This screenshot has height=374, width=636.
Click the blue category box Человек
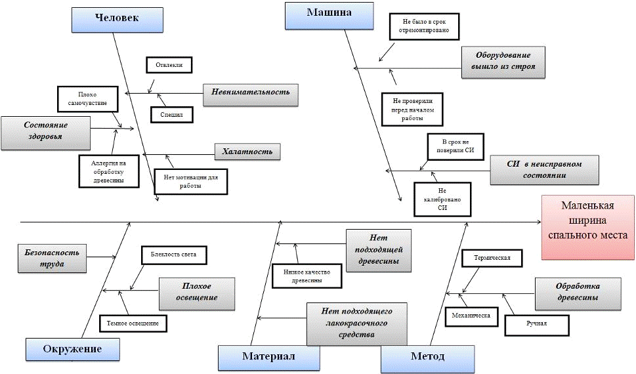[x=116, y=18]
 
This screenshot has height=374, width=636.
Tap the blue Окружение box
[x=73, y=349]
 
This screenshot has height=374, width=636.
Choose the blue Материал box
[x=268, y=357]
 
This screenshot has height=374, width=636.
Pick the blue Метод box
[x=427, y=357]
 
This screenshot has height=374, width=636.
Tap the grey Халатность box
[x=247, y=152]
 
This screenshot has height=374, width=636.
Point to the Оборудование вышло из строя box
[x=503, y=62]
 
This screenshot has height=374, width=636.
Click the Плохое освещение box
[x=196, y=292]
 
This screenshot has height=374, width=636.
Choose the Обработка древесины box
[x=576, y=292]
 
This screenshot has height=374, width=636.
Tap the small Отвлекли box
[x=169, y=65]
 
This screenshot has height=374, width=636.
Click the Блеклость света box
[x=173, y=254]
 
